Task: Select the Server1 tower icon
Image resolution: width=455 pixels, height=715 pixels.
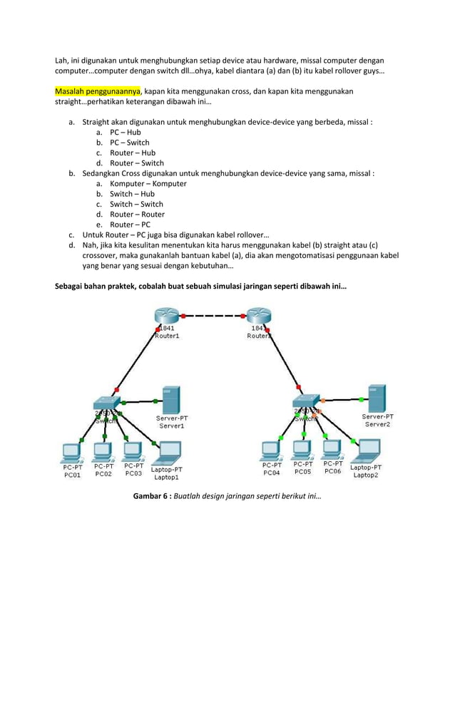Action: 171,400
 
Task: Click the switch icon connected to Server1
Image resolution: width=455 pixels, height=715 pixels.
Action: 107,403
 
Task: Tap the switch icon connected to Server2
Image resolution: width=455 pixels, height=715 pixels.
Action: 307,403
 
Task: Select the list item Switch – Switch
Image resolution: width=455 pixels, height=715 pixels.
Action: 136,204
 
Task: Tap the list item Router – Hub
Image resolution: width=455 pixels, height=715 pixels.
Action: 132,153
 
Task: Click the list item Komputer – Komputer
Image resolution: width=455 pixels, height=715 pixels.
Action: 148,183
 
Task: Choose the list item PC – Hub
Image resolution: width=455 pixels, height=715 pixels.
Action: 126,132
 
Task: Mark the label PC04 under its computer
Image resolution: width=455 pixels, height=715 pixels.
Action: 272,473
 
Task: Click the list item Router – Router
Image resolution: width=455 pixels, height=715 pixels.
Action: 137,214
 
